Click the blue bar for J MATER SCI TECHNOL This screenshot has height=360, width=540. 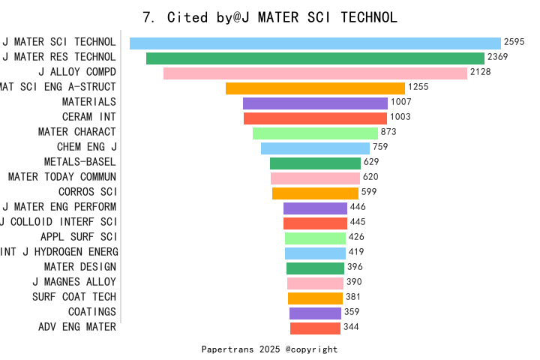pyautogui.click(x=315, y=43)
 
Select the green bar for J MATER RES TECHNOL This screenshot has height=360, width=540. pyautogui.click(x=315, y=58)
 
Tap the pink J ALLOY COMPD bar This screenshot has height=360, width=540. pyautogui.click(x=315, y=73)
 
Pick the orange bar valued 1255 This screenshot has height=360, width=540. pyautogui.click(x=315, y=88)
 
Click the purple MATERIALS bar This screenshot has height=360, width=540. pyautogui.click(x=315, y=103)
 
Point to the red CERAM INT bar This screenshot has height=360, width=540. pyautogui.click(x=315, y=118)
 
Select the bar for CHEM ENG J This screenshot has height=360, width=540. pyautogui.click(x=315, y=148)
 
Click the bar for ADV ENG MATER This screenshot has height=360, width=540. pyautogui.click(x=315, y=328)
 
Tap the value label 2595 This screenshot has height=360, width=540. pyautogui.click(x=514, y=43)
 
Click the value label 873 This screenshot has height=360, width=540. pyautogui.click(x=388, y=132)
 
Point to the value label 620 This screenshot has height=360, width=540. pyautogui.click(x=370, y=177)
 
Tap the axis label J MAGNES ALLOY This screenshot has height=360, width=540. pyautogui.click(x=74, y=282)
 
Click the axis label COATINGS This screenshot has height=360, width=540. pyautogui.click(x=92, y=312)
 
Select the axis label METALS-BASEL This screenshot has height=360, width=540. pyautogui.click(x=80, y=162)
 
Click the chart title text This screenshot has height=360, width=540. pyautogui.click(x=270, y=16)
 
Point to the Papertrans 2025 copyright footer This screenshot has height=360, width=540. pyautogui.click(x=270, y=349)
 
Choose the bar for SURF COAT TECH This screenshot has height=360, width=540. pyautogui.click(x=315, y=298)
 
